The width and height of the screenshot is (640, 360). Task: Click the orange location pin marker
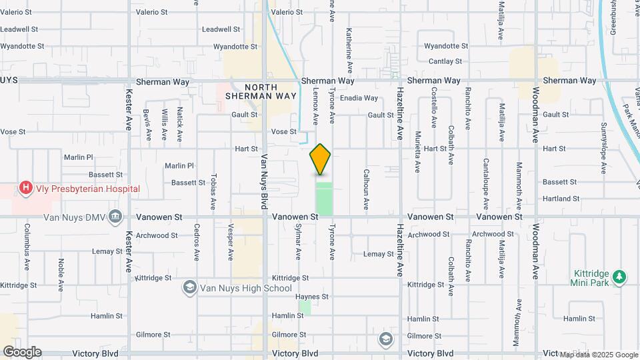[x=321, y=159]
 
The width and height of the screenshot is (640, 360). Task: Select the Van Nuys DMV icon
[x=116, y=216]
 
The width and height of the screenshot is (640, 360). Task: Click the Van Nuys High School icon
[x=190, y=287]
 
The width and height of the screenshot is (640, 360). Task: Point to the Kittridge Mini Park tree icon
[x=620, y=276]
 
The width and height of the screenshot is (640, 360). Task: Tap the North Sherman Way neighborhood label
[x=260, y=91]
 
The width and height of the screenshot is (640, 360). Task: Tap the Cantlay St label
[x=445, y=61]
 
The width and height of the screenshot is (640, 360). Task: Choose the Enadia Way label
[x=359, y=98]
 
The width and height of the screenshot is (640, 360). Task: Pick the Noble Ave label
[x=61, y=272]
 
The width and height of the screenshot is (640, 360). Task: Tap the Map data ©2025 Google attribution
[x=599, y=355]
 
